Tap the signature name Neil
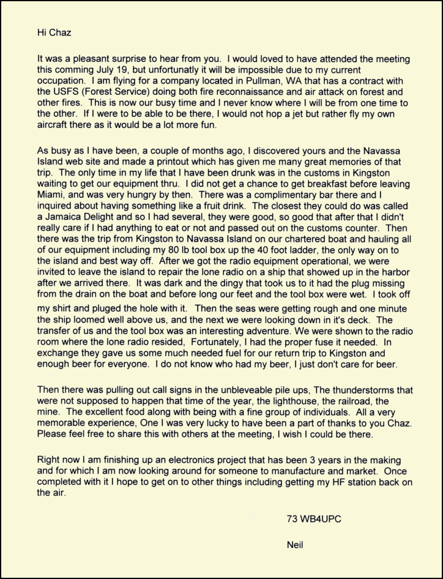[294, 545]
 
